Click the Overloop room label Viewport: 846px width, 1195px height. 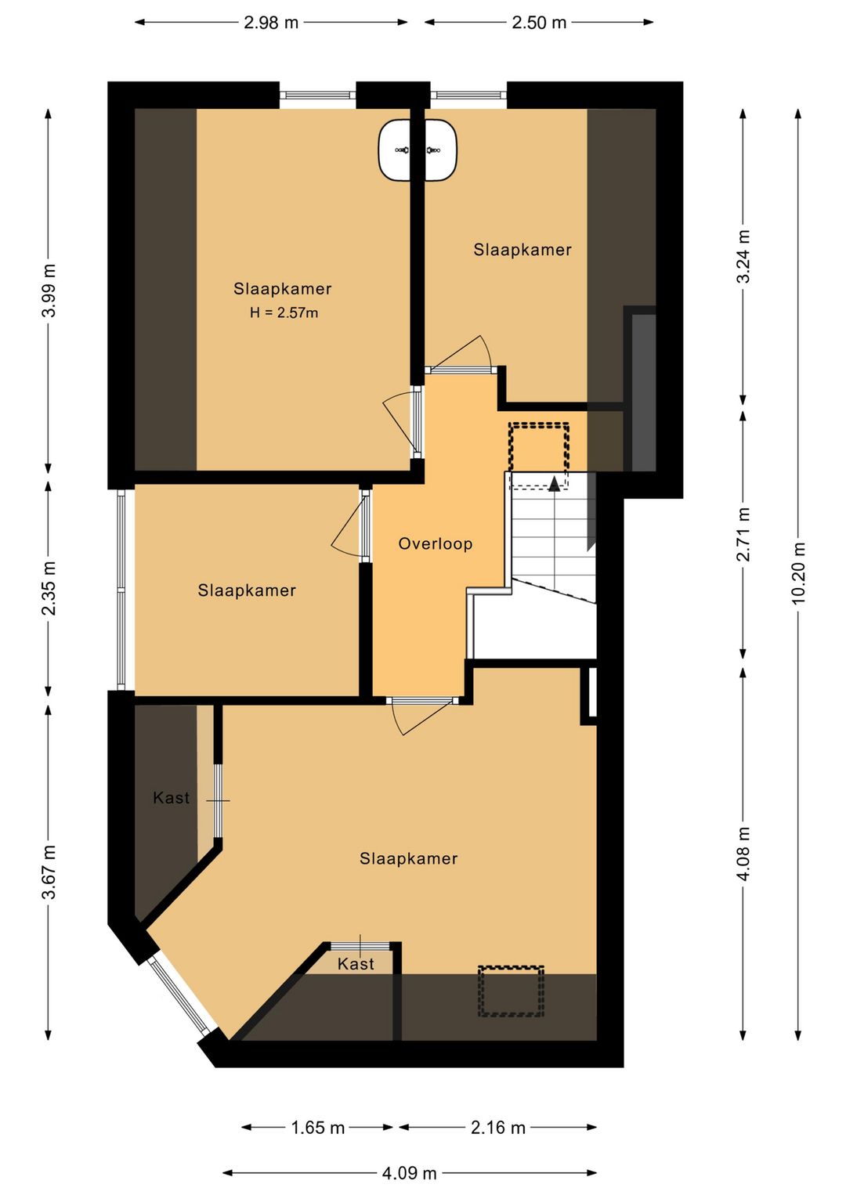click(x=435, y=543)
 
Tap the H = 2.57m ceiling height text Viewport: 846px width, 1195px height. click(x=284, y=312)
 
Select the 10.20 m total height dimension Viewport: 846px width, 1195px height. click(x=798, y=572)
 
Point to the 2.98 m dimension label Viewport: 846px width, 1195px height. click(x=270, y=23)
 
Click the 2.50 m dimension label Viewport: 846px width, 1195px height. click(x=539, y=23)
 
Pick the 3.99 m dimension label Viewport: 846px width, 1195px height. click(x=49, y=291)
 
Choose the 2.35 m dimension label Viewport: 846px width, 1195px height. click(x=49, y=588)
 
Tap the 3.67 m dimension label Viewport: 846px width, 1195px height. click(x=49, y=872)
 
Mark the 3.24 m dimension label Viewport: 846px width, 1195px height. click(x=743, y=256)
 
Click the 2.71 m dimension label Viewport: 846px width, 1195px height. click(x=743, y=534)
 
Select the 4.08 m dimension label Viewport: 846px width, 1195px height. click(x=743, y=854)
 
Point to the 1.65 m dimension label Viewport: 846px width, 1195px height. click(x=317, y=1127)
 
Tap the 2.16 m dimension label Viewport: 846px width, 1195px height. click(x=498, y=1127)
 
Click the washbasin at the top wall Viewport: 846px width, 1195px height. click(x=418, y=150)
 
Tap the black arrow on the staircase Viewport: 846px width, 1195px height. click(x=555, y=483)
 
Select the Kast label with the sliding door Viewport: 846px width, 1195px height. click(x=171, y=797)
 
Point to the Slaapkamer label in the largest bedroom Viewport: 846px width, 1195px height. click(x=408, y=858)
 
